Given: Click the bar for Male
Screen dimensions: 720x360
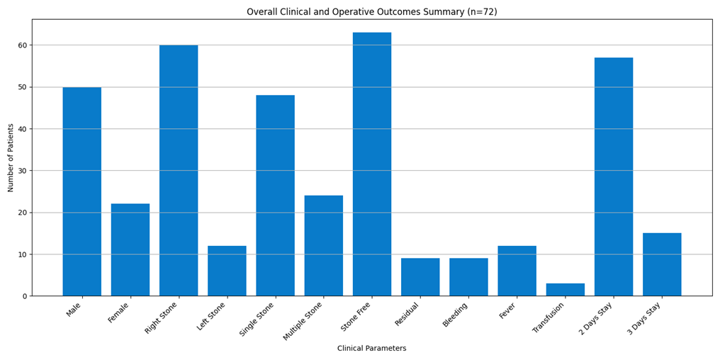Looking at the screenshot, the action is pos(82,191).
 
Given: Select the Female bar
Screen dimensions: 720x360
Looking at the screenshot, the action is pos(130,249).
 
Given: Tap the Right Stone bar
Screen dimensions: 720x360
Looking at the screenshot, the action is pos(179,170).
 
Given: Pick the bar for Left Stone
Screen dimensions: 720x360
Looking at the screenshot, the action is pos(227,271).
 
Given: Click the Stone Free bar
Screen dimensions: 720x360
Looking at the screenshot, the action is pos(372,164).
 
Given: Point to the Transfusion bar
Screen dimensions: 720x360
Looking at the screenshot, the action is pos(566,290).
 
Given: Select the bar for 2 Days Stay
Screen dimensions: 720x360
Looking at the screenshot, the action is pos(614,176).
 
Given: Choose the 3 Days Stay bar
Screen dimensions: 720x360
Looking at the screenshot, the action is pos(662,264).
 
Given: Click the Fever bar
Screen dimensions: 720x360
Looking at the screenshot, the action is pos(517,271).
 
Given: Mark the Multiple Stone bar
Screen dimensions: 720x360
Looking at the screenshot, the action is pos(324,246).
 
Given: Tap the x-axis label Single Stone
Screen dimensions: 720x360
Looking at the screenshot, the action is pos(258,319).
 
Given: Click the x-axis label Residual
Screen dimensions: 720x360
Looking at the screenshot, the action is pos(407,314).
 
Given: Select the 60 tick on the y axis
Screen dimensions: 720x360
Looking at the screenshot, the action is pos(23,45).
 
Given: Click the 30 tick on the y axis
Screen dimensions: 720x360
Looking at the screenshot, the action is pos(23,171).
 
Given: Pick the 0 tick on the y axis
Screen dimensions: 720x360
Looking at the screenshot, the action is pos(25,296).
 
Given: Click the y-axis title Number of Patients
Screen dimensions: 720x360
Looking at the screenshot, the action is pos(11,158).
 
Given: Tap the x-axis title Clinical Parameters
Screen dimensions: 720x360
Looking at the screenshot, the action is pos(372,349).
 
